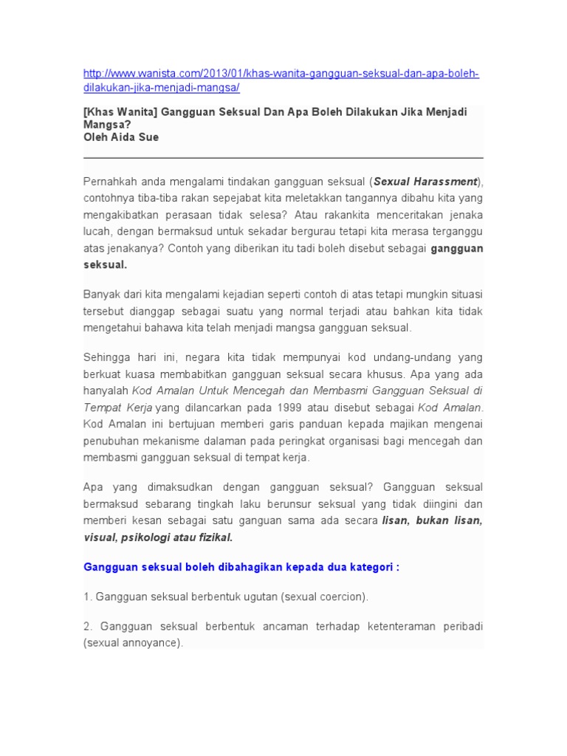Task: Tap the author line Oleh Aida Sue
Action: click(120, 137)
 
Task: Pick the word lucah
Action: click(97, 231)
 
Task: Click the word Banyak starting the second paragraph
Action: click(100, 295)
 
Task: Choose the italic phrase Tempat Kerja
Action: click(117, 407)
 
